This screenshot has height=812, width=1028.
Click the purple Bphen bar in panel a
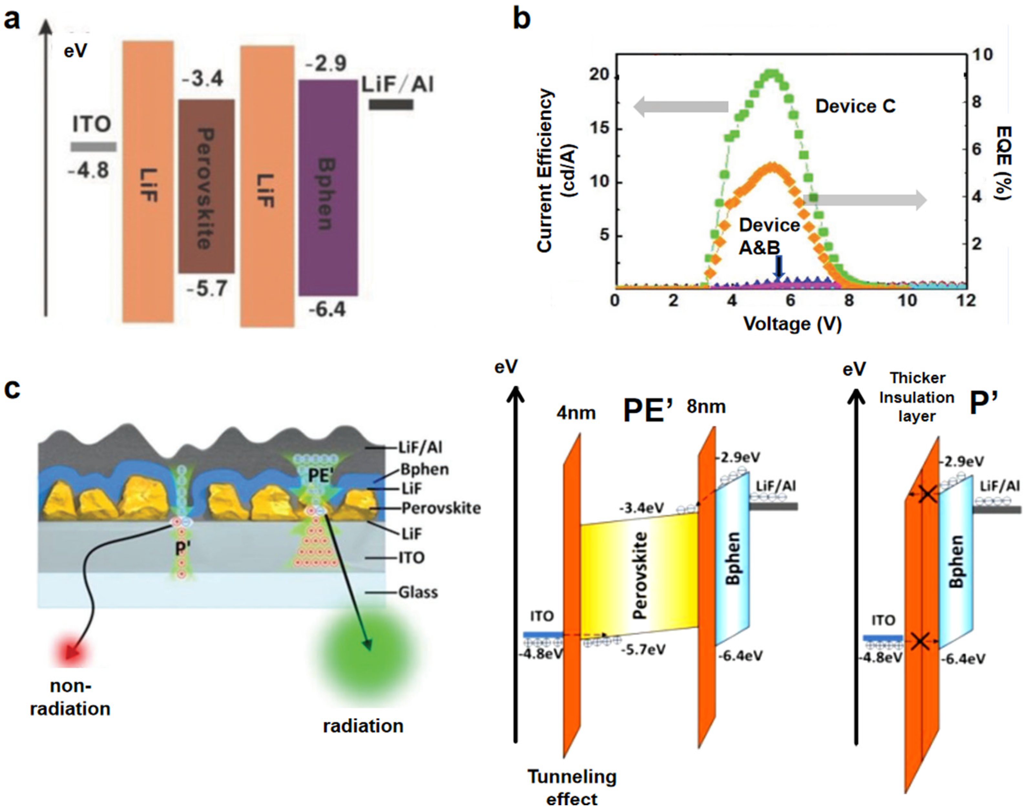(x=328, y=188)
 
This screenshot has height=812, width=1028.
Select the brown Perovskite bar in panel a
(x=206, y=186)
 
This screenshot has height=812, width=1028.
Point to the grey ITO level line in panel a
(x=93, y=147)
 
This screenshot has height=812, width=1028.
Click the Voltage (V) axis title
(x=792, y=324)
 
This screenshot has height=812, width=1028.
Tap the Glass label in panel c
(x=418, y=592)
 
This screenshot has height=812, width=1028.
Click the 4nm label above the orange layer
(x=576, y=413)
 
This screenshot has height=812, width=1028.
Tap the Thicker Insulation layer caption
(x=916, y=397)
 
